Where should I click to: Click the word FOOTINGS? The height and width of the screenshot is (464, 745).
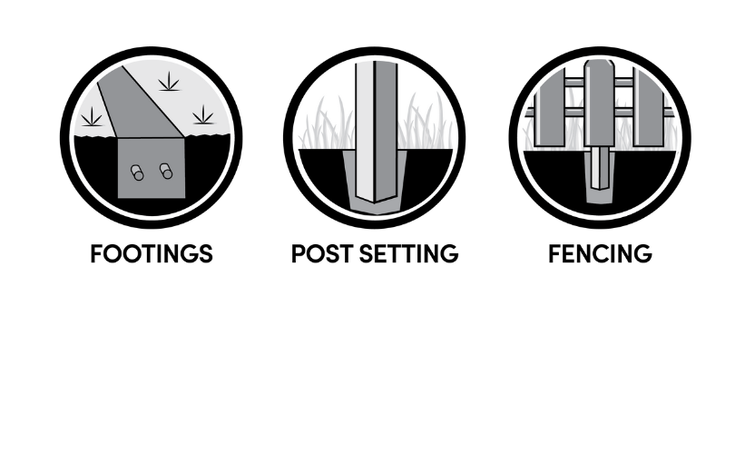[x=152, y=253]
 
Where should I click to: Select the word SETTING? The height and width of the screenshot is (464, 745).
[x=409, y=253]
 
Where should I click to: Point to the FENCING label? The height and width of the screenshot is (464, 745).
[x=600, y=253]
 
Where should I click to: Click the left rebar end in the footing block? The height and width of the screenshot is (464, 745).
[x=137, y=173]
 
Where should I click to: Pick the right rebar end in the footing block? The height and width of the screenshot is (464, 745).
[x=166, y=171]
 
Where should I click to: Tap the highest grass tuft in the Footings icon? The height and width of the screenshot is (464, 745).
[x=169, y=82]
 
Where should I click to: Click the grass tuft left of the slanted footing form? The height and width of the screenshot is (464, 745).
[x=92, y=116]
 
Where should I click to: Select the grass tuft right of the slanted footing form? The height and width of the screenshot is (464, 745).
[x=203, y=115]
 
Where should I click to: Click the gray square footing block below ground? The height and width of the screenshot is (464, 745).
[x=152, y=168]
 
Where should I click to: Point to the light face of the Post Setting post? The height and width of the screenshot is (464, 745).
[x=365, y=131]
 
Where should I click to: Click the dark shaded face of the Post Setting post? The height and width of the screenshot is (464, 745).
[x=386, y=131]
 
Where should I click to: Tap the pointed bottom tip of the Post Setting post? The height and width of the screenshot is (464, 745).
[x=375, y=202]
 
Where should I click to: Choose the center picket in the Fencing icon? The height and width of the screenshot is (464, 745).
[x=599, y=103]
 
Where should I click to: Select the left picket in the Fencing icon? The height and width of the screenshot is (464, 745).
[x=550, y=108]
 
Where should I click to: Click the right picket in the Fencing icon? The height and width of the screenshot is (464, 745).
[x=649, y=108]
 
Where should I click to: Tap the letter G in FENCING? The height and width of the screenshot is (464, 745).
[x=642, y=253]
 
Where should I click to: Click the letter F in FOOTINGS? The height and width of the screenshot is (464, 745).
[x=96, y=253]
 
